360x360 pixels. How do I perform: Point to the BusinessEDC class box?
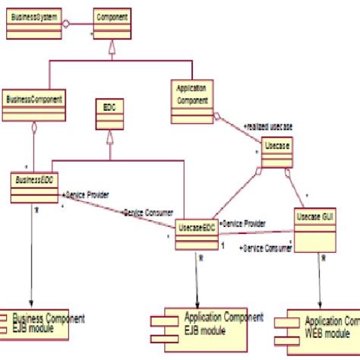(x=34, y=185)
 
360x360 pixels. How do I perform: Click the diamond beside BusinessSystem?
(x=66, y=24)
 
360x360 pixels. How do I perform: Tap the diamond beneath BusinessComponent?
(x=33, y=128)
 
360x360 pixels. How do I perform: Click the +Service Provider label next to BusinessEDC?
(x=85, y=195)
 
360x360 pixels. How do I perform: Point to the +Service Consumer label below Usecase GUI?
(x=265, y=248)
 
